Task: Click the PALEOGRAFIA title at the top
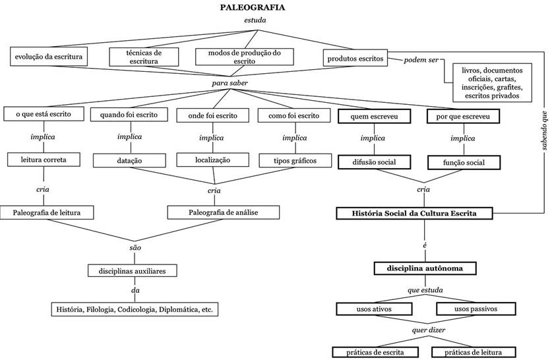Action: [253, 8]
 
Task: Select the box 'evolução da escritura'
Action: [48, 57]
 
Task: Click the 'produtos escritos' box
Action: [355, 58]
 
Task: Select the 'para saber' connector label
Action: [229, 84]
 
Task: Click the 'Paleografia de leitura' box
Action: [47, 212]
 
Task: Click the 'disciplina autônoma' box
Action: [425, 268]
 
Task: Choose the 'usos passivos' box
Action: [475, 309]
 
